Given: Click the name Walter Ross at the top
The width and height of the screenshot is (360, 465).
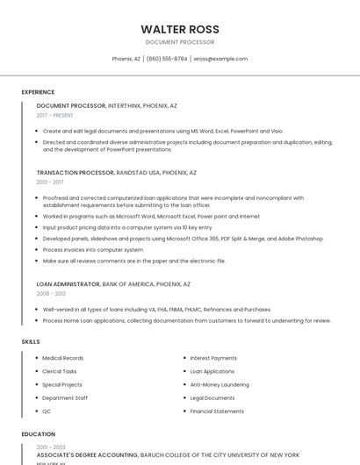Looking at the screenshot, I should pos(180,29).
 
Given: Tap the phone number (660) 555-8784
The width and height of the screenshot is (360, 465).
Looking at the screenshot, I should pos(167,59).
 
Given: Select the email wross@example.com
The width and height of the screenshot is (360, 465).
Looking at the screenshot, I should pos(220,59).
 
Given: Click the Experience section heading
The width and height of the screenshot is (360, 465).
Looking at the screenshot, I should pos(38,91).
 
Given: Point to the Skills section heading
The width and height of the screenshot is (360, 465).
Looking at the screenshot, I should pos(31,341).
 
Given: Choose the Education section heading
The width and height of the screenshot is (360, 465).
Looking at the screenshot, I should pos(37,433).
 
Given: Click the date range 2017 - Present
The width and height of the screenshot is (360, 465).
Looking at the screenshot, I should pos(54,115).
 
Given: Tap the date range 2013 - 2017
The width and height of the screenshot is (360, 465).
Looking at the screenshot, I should pos(50,182).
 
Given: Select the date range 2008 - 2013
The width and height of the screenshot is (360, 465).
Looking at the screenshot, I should pos(51,294).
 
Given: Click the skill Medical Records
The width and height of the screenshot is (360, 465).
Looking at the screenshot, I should pos(63,358).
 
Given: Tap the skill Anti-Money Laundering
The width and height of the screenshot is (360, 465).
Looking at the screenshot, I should pos(220,384).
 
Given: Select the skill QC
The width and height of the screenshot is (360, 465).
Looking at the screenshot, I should pos(47,411).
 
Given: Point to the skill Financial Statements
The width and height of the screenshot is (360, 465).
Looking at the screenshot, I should pos(217,411).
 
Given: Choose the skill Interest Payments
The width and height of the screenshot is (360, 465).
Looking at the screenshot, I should pos(213,358).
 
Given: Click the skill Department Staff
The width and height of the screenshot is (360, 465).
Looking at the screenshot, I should pos(65,397).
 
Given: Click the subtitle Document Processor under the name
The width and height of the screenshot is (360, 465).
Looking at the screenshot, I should pos(180,42).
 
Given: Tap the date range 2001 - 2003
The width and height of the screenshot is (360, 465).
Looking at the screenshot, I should pos(51,447).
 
